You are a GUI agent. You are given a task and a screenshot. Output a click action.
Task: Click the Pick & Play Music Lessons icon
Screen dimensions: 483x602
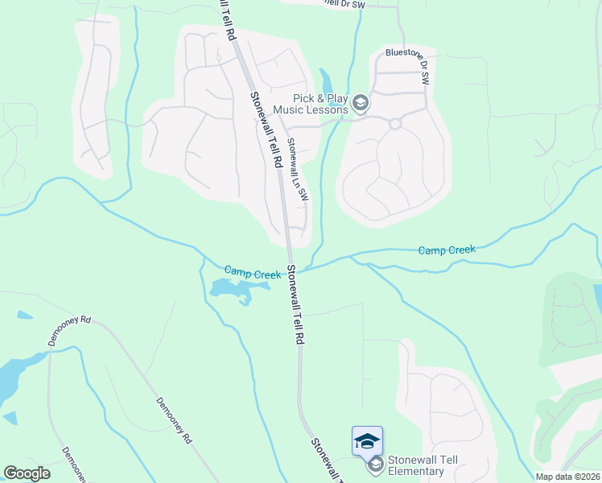[x=361, y=102]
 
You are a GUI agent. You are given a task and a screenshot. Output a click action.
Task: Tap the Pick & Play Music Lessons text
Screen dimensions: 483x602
[x=310, y=103]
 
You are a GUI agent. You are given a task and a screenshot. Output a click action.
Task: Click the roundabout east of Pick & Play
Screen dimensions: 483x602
[x=394, y=123]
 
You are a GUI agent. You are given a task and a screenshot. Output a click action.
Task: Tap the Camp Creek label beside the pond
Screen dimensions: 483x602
[x=252, y=273]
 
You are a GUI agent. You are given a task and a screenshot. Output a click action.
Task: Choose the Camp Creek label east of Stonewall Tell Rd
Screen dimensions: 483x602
[x=447, y=250]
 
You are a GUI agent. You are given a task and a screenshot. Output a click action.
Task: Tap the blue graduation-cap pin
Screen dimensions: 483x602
[x=367, y=440]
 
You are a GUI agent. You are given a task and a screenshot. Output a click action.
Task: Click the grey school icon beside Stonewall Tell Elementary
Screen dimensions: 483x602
[x=375, y=464]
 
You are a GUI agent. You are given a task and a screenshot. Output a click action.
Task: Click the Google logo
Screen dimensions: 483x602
[x=27, y=473]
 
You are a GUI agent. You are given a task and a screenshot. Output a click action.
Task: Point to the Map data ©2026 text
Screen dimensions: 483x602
[x=567, y=477]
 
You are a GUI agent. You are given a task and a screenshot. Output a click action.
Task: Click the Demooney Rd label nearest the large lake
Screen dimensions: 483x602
[x=70, y=329]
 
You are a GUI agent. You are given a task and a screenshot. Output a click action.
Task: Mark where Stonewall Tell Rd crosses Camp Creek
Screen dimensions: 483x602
[x=287, y=271]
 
